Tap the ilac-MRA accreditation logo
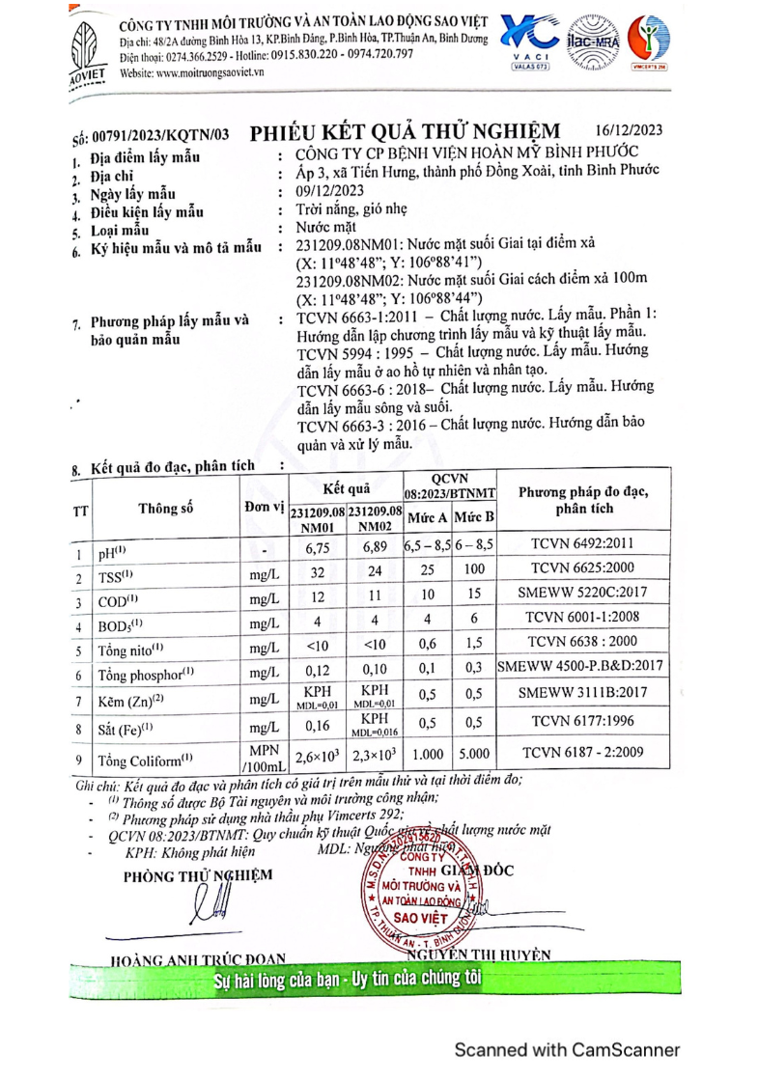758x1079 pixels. pos(593,43)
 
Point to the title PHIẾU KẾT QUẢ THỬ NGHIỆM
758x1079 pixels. pos(405,132)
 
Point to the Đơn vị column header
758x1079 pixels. pos(260,508)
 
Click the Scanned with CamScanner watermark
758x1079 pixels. pos(567,1050)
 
